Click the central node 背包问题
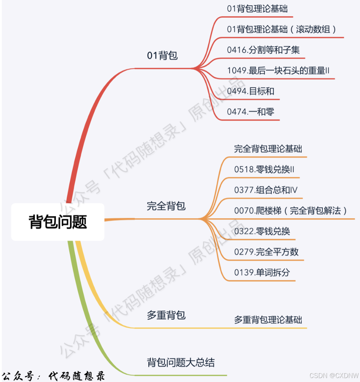(58, 222)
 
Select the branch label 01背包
(162, 56)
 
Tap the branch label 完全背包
(166, 206)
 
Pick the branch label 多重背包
(166, 315)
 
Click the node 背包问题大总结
(181, 362)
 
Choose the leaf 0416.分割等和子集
(263, 50)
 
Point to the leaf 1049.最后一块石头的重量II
(278, 71)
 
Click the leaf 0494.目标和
(250, 91)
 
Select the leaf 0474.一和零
(250, 112)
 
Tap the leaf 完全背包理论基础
(268, 149)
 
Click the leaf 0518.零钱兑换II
(264, 169)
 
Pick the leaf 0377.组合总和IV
(266, 190)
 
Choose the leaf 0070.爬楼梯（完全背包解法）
(291, 210)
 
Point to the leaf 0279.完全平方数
(266, 252)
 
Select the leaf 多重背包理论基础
(268, 320)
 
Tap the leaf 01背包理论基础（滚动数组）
(282, 29)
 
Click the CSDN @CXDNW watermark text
(333, 376)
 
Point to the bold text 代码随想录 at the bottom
(77, 376)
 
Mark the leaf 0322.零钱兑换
(262, 231)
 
